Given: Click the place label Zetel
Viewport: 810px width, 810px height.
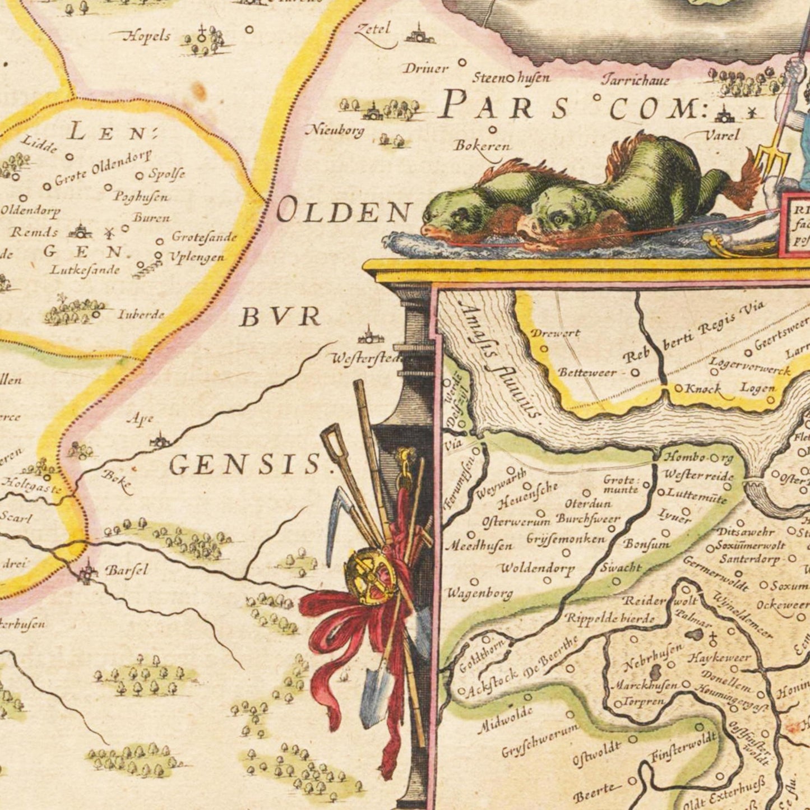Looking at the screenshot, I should [372, 29].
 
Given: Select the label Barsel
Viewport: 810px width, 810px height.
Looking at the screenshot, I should [127, 571].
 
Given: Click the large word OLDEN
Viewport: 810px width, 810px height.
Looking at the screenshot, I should [344, 212].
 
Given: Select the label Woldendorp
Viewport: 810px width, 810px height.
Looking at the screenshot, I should [536, 568].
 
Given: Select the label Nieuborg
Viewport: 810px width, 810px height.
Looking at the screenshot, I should [335, 131].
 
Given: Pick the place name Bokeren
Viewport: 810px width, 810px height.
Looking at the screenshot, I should [482, 146].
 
